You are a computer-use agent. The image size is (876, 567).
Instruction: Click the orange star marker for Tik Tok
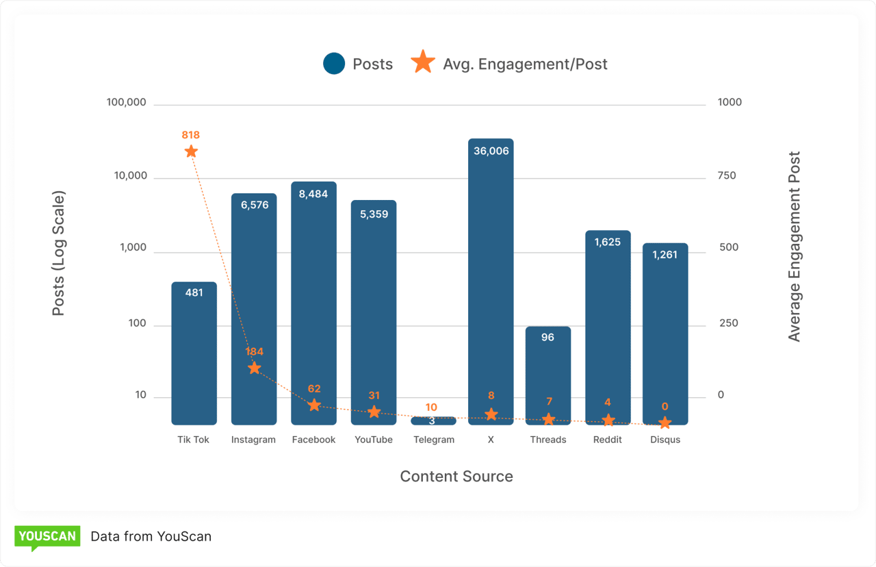[x=191, y=151]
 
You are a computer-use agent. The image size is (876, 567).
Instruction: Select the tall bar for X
[x=491, y=281]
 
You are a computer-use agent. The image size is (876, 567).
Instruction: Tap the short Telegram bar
[x=433, y=420]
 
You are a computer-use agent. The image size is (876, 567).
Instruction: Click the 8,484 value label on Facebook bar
[x=313, y=194]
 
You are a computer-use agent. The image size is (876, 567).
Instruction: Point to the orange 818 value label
[x=191, y=135]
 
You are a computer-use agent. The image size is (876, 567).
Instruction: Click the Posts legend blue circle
[x=334, y=64]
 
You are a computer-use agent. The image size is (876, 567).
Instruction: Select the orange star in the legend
[x=423, y=63]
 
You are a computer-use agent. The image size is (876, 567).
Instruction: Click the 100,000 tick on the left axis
[x=127, y=103]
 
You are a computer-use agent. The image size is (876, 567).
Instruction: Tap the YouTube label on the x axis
[x=374, y=440]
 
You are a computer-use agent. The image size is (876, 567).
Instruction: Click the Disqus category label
[x=665, y=440]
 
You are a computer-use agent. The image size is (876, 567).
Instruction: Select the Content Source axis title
[x=456, y=477]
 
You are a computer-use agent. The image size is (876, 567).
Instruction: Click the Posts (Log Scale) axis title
[x=59, y=253]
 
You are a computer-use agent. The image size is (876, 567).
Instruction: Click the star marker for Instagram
[x=254, y=368]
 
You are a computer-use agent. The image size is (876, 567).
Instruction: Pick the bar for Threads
[x=548, y=375]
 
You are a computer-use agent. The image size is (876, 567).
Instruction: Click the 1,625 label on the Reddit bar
[x=608, y=242]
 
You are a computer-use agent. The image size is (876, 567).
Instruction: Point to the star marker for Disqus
[x=665, y=423]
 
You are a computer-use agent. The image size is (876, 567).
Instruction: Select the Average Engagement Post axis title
[x=794, y=247]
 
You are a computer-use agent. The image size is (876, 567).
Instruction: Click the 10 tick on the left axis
[x=140, y=395]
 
